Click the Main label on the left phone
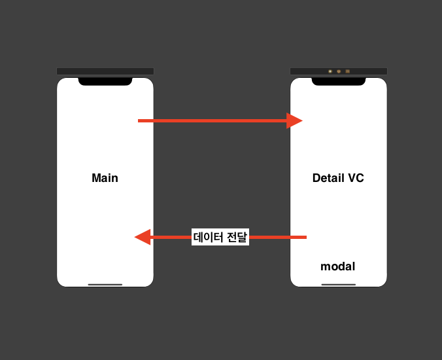coord(105,178)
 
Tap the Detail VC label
coord(338,178)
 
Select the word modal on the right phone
coord(337,266)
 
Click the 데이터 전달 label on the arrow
coord(220,237)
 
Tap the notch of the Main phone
coord(105,81)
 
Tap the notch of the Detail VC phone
coord(338,81)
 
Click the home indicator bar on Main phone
coord(105,285)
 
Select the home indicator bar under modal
coord(338,285)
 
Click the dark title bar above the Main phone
coord(105,71)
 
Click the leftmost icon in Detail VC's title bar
coord(330,71)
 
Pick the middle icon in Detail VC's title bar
coord(339,71)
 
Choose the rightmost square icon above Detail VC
coord(348,71)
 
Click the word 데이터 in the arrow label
coord(208,237)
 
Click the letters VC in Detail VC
coord(356,178)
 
